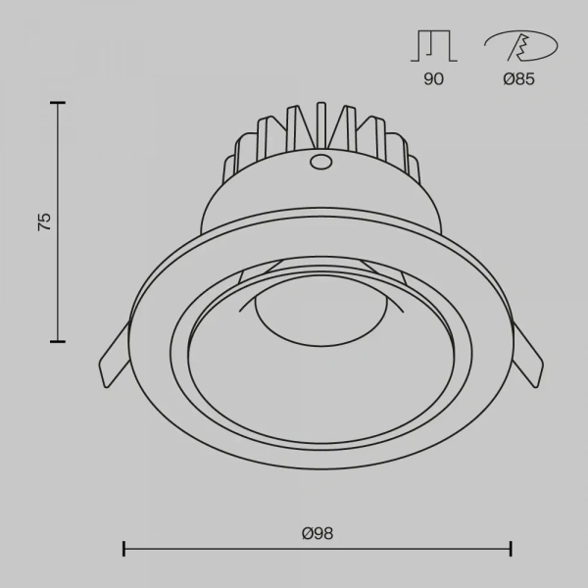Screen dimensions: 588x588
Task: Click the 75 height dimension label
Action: (x=44, y=221)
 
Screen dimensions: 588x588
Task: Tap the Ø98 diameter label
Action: (x=318, y=533)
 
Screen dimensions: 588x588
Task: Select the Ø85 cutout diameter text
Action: (x=519, y=78)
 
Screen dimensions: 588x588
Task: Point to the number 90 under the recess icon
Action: (x=433, y=78)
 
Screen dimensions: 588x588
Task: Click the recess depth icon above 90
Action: (x=434, y=45)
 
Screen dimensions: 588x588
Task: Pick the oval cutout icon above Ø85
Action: (x=521, y=46)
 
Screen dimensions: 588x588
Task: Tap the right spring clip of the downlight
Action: (x=527, y=356)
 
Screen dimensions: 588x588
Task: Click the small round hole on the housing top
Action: (x=320, y=162)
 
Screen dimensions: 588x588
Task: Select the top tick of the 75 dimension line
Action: (x=58, y=102)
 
